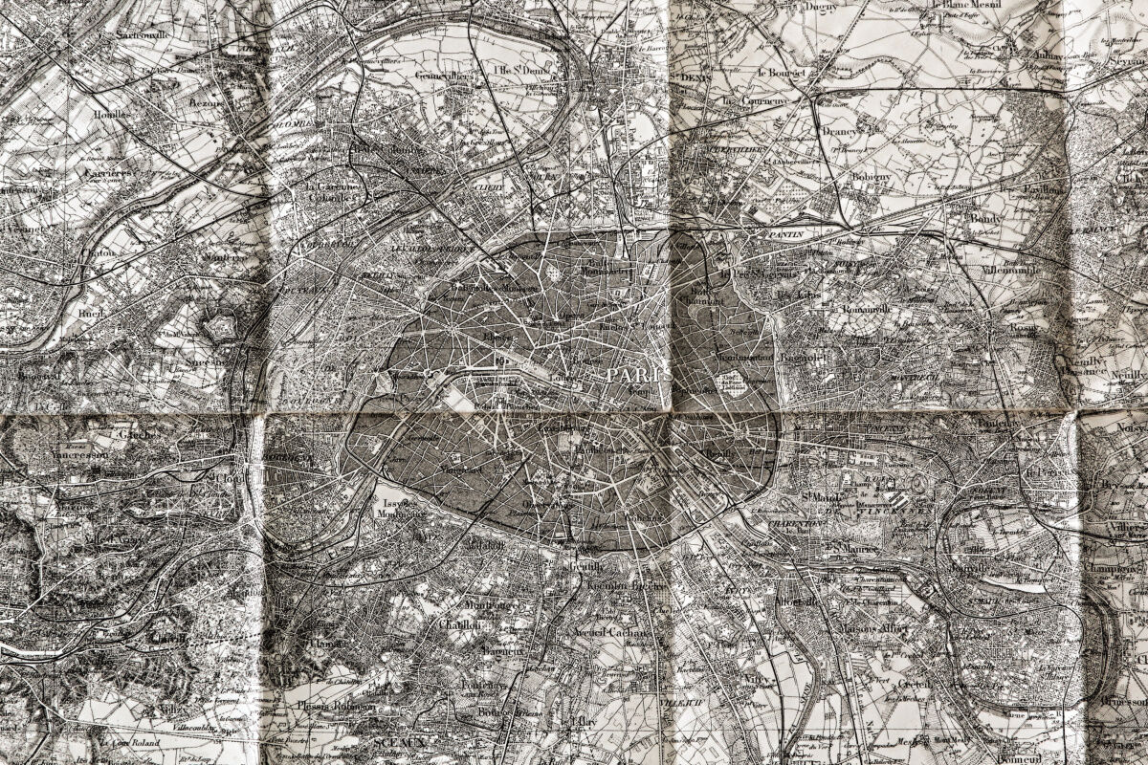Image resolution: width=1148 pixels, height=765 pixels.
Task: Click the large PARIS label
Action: pos(638,374)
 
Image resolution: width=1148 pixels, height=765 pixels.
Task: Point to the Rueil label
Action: pos(92,312)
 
